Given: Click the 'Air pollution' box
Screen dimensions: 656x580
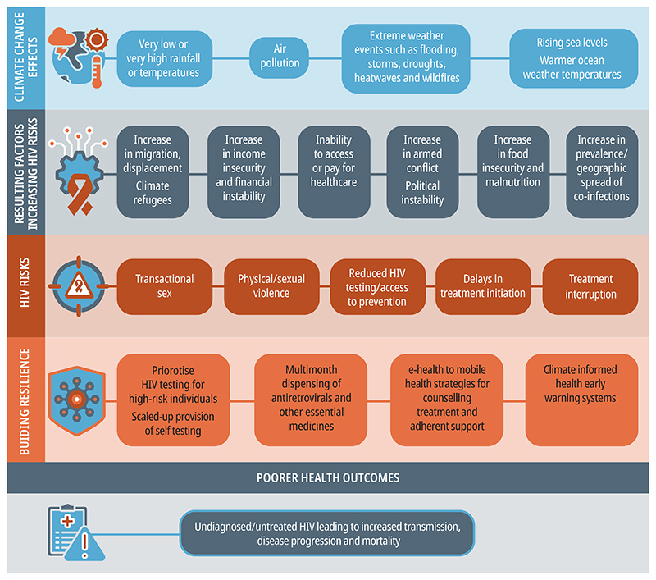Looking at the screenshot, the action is tap(279, 57).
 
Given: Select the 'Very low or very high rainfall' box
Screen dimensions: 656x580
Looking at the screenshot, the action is tap(165, 58).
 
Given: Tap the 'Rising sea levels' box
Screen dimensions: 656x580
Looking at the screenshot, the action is tap(573, 58).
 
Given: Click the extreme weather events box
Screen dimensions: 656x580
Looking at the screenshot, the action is tap(406, 58).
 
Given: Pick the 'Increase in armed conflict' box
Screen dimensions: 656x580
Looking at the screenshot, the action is tap(422, 171).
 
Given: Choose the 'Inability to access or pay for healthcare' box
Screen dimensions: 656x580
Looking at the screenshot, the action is tap(334, 171).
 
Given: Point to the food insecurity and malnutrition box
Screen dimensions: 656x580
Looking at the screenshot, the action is tap(513, 171).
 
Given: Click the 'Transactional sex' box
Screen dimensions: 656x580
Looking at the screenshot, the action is tap(165, 286).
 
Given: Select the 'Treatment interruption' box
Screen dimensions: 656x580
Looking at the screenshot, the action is tap(590, 286).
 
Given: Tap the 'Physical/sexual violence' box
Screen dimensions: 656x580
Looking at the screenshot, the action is tap(271, 286).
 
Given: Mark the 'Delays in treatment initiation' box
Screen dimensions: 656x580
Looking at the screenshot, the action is tap(483, 286).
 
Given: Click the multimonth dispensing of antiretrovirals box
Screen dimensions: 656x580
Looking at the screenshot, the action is tap(311, 400).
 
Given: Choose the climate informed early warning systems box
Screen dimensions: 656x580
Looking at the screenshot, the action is tap(581, 400).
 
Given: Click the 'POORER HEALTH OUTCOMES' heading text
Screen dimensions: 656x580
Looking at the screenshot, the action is tap(328, 478).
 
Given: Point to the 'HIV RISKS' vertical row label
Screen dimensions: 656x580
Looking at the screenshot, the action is tap(25, 282).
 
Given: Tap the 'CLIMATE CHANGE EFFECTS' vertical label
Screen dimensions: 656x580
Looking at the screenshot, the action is tap(25, 57).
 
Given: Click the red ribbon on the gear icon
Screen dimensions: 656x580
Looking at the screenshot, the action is tap(80, 194).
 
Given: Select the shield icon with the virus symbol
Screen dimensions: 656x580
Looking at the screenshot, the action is tap(76, 400).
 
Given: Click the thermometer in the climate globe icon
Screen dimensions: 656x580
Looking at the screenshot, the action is tap(97, 71).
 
